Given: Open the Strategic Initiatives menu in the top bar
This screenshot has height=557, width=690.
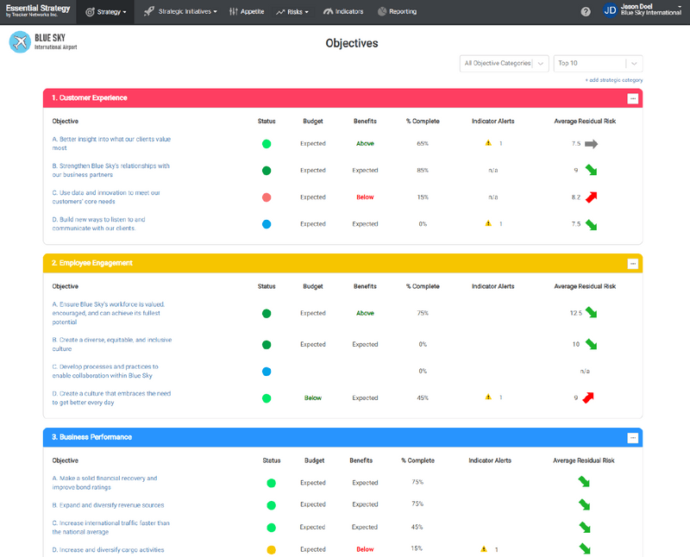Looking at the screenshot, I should point(180,12).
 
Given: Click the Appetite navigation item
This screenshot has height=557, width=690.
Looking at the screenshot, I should point(247,12).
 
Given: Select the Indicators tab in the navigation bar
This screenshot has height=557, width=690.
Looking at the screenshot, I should point(343,12).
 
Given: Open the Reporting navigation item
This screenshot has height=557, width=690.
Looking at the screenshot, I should point(397,12).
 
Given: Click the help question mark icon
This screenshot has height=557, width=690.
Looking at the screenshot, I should point(586,12).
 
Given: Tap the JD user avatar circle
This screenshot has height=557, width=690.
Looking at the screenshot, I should point(610,11).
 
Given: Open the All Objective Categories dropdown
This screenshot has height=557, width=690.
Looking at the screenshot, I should point(505,63).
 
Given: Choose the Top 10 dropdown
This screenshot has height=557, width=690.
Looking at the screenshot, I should point(599,63).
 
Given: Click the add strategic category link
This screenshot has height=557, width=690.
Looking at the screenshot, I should point(614,80).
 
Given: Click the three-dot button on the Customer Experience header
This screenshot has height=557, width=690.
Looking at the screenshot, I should point(632,98).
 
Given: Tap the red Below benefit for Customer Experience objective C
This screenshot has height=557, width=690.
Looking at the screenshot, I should point(365,197).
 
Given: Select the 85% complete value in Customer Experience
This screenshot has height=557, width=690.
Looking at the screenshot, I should point(423,171).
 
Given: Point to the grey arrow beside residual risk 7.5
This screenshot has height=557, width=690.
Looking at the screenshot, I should point(591,144).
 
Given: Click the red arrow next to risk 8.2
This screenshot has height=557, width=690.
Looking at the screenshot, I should point(591,197).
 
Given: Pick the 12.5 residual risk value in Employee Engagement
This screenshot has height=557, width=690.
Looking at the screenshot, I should point(575,313).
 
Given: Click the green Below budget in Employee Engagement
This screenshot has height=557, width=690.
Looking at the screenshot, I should point(312,398).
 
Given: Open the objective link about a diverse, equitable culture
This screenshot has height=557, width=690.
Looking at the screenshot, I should point(111,344).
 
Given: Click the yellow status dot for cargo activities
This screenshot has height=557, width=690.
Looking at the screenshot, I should point(271,550).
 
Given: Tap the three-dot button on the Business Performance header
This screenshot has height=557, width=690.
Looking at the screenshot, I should point(632,438).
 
